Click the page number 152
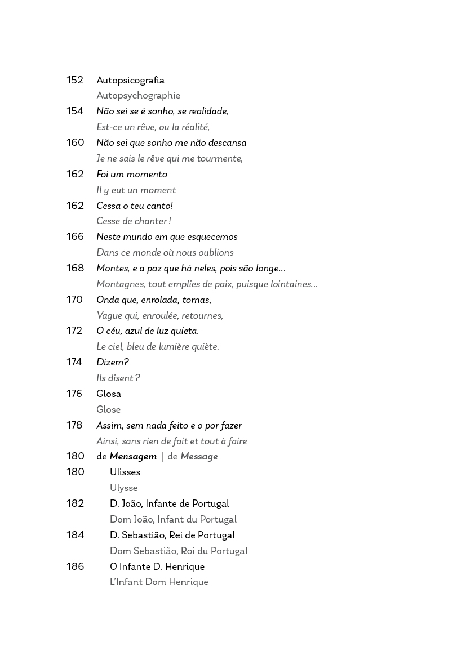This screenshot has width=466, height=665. tap(75, 80)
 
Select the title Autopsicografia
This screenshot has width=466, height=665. tap(130, 80)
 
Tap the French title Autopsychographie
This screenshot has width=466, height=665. tap(138, 96)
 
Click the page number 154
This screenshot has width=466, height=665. tap(75, 111)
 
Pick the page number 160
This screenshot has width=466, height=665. tap(75, 143)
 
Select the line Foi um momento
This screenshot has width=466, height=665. tap(132, 175)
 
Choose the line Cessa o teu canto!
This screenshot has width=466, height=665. tap(135, 206)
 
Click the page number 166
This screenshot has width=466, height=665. tap(75, 237)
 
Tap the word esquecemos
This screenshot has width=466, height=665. tap(211, 237)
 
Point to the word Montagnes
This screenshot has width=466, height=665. tap(121, 284)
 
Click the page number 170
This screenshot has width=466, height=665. tap(75, 300)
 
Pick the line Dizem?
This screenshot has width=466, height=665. tap(113, 363)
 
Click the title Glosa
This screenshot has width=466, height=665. tap(109, 394)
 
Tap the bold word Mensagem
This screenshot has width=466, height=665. tap(133, 457)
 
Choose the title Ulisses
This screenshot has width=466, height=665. tap(125, 472)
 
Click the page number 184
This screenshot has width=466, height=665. tap(75, 535)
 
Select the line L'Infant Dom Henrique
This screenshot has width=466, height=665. tap(159, 582)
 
